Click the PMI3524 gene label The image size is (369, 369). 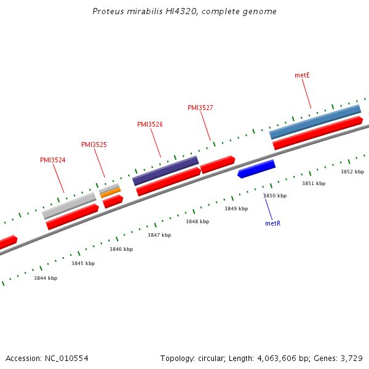click(x=53, y=160)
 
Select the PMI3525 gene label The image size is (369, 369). click(x=94, y=145)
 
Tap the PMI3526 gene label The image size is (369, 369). click(x=150, y=124)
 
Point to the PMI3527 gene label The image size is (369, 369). click(x=200, y=108)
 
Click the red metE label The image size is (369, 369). click(x=302, y=75)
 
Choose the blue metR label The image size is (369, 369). click(x=272, y=223)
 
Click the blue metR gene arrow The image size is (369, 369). click(x=256, y=169)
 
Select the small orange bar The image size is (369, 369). click(x=111, y=192)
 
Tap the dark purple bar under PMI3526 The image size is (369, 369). click(x=165, y=170)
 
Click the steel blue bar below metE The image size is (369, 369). click(x=315, y=121)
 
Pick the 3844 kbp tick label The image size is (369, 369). click(x=46, y=278)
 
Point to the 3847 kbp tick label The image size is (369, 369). click(x=159, y=235)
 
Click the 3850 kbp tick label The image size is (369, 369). click(x=275, y=196)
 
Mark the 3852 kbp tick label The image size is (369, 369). click(x=352, y=172)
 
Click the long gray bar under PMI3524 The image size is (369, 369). click(x=69, y=205)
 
